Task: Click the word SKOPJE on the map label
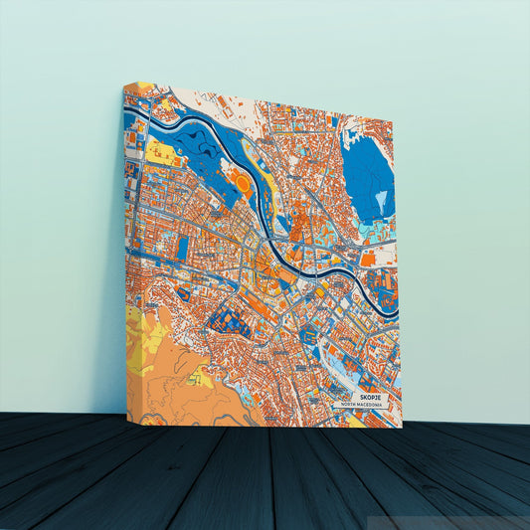[x=363, y=395]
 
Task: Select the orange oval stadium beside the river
[x=241, y=185]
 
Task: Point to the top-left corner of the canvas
[x=124, y=85]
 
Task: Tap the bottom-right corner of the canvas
[x=401, y=427]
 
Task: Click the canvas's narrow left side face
[x=129, y=249]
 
